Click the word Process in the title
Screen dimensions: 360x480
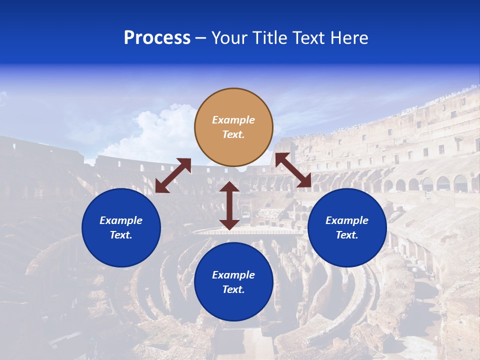click(x=157, y=38)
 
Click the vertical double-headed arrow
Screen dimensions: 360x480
click(x=229, y=205)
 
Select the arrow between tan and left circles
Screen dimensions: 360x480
click(x=173, y=175)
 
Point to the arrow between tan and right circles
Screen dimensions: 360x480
click(x=293, y=170)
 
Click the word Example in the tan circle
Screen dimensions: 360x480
click(x=233, y=120)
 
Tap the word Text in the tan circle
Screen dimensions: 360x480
click(x=233, y=134)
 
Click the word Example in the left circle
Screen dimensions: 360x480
click(x=121, y=220)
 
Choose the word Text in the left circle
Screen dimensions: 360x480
click(x=121, y=235)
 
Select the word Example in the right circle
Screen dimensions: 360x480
click(x=347, y=220)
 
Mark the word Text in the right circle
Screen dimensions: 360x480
click(x=347, y=235)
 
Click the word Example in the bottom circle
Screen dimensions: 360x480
click(x=233, y=275)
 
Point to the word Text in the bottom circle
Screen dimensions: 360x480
click(x=233, y=289)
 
